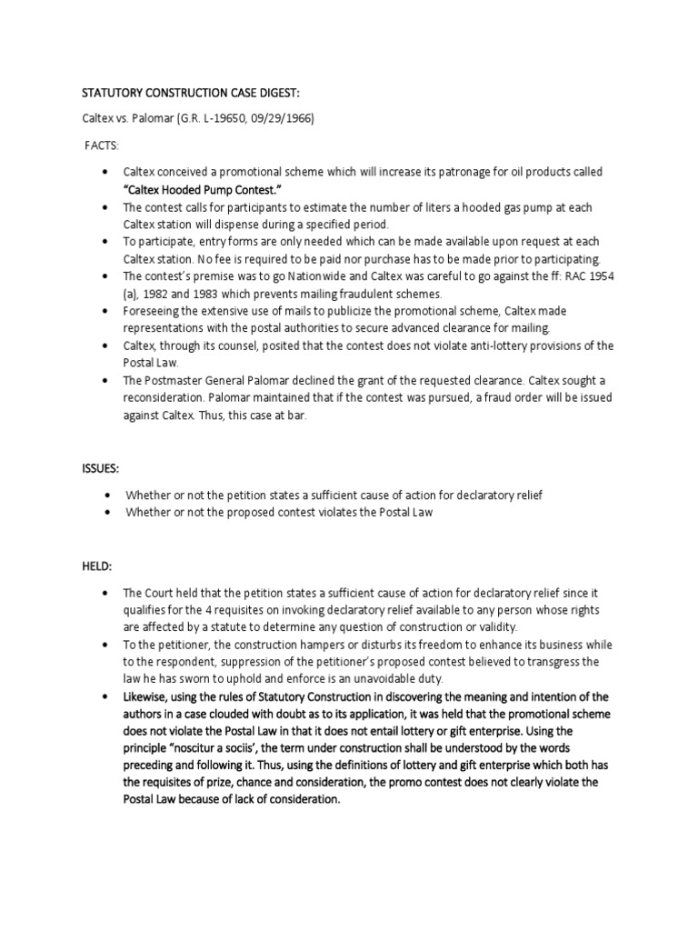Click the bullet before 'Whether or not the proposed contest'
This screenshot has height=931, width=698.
pos(109,512)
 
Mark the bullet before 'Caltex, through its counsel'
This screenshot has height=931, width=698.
pos(107,346)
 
